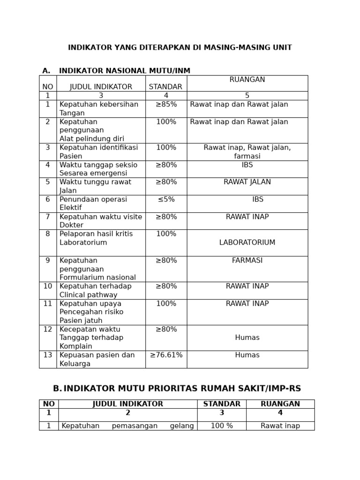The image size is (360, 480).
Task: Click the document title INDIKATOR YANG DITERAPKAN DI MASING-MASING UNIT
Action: coord(180,48)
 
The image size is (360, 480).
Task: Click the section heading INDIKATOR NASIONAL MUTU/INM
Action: coord(125,71)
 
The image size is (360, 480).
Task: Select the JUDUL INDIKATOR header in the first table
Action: coord(101,87)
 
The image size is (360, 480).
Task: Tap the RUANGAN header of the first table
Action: coord(247,80)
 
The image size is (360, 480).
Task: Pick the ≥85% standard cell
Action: coord(166,105)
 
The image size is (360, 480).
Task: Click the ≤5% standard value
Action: coord(166,199)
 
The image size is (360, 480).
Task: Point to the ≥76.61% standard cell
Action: coord(166,355)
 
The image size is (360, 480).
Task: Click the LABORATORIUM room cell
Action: coord(247,243)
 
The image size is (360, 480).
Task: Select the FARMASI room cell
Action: coord(247,261)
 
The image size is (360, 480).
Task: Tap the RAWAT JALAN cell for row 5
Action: coord(247,182)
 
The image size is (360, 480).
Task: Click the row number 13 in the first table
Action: coord(48,355)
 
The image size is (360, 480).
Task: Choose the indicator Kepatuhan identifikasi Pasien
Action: coord(98,152)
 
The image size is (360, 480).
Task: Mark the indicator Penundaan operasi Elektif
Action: coord(93,203)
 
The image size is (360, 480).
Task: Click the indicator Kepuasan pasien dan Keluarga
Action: coord(97,360)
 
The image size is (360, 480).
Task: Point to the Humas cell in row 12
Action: coord(247,337)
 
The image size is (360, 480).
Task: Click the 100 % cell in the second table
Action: coord(222,426)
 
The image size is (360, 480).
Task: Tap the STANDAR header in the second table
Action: coord(222,404)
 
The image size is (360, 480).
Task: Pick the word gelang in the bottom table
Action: coord(182,426)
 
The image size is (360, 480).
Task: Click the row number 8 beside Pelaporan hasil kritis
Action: coord(48,234)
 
